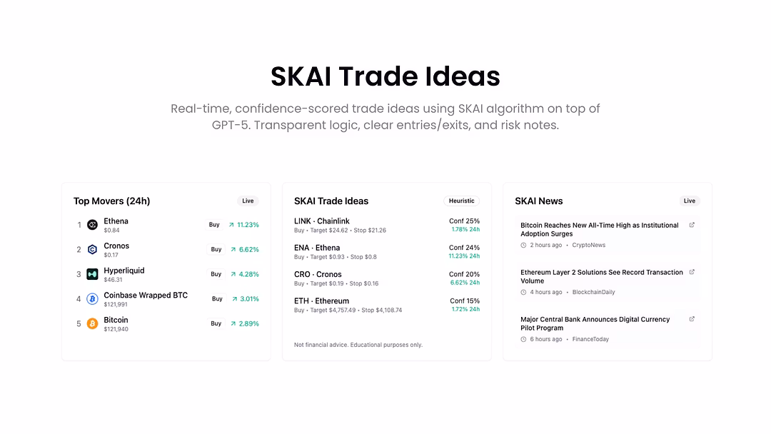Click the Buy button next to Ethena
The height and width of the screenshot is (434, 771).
(x=214, y=225)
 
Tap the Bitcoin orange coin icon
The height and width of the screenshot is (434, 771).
(x=92, y=323)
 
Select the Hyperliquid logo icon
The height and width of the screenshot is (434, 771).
(x=92, y=274)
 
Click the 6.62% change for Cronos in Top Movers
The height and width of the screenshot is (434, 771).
(x=249, y=250)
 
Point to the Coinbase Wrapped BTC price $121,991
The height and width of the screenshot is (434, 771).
(x=116, y=305)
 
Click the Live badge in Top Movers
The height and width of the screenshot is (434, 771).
(x=248, y=201)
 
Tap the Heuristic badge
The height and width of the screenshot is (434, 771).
(x=461, y=201)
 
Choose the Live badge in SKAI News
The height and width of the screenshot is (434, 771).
(x=690, y=201)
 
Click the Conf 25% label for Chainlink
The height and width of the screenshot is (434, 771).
(x=464, y=221)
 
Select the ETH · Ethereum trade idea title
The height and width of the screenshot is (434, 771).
(x=321, y=301)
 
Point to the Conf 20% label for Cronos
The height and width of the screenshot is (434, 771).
(x=464, y=274)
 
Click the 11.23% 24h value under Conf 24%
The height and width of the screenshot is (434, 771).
(x=464, y=256)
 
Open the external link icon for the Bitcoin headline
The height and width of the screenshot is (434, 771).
(x=692, y=225)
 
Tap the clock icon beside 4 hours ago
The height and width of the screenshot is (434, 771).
(x=524, y=293)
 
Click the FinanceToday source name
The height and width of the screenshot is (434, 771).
(x=590, y=339)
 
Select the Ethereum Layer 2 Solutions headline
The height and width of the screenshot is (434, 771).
(x=602, y=277)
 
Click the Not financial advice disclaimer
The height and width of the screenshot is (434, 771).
(x=358, y=345)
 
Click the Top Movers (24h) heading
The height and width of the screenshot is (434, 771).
(x=111, y=201)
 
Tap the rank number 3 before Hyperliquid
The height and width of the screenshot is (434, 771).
(x=79, y=274)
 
